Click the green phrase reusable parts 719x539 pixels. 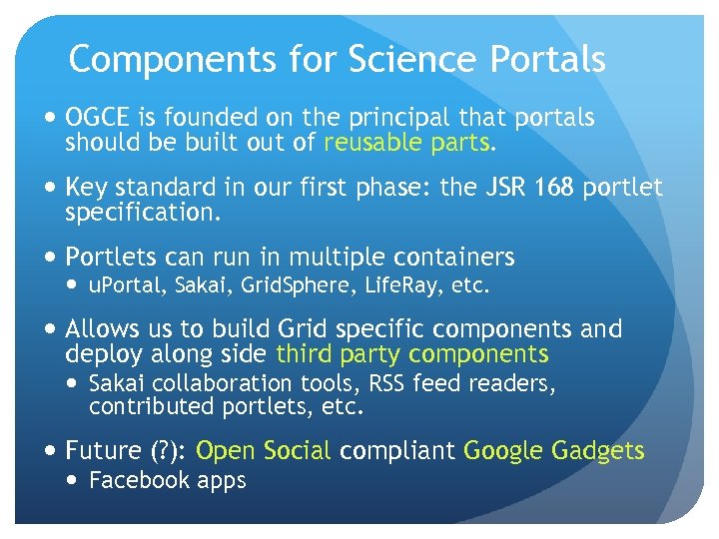407,143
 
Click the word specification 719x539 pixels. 142,213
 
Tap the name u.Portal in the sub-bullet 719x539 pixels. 127,287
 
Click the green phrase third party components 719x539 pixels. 412,354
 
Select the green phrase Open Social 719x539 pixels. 263,451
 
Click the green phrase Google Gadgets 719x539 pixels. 554,451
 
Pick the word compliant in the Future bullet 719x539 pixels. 396,451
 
